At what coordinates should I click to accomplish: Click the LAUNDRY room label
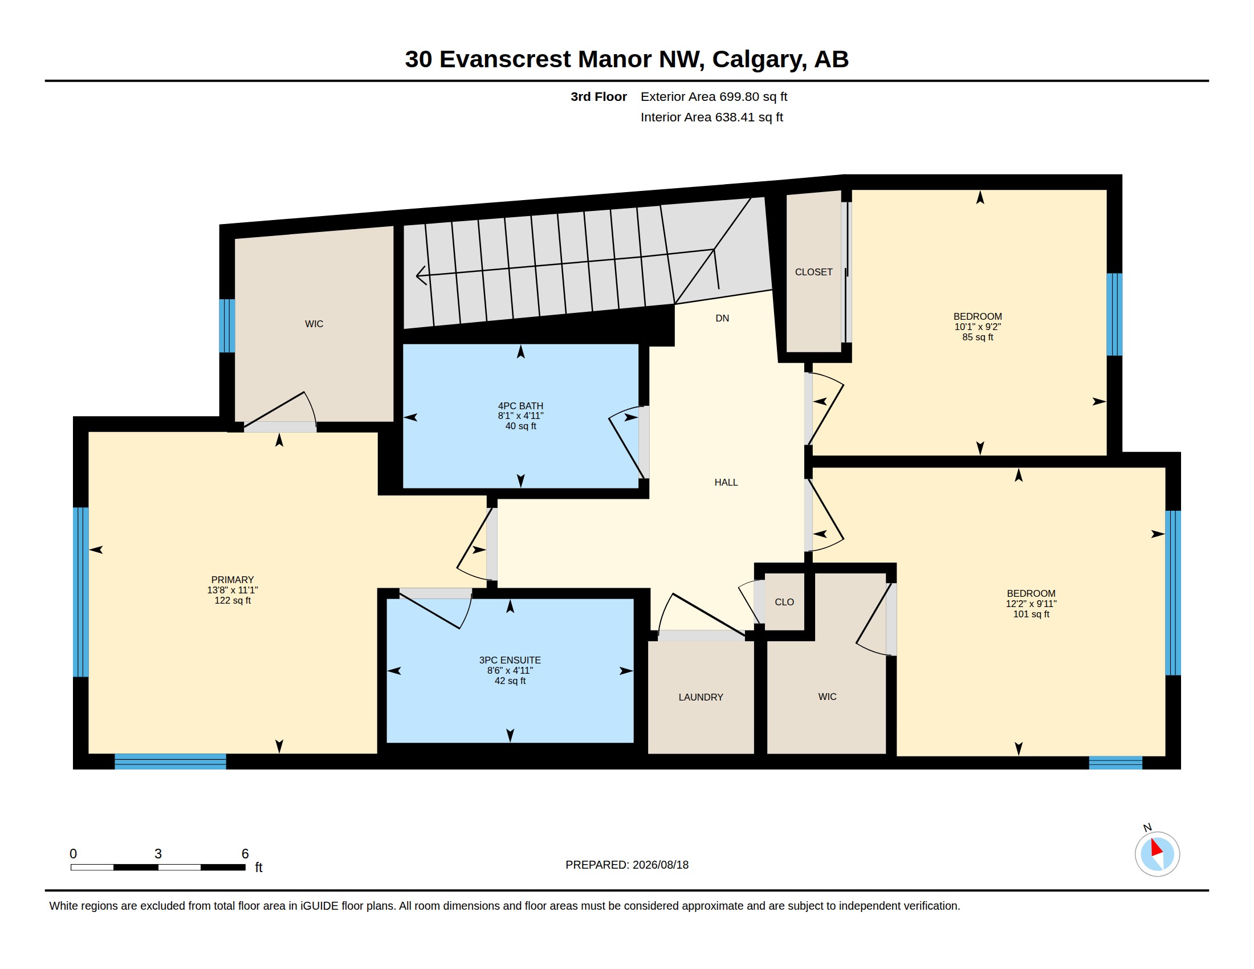701,697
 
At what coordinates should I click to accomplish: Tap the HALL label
726,482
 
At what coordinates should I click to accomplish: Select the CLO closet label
784,601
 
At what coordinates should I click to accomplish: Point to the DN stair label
722,318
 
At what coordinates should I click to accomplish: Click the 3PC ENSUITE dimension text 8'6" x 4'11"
510,670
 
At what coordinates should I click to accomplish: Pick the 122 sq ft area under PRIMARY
233,600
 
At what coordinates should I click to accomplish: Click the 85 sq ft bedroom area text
978,337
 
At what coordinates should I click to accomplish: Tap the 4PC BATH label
520,406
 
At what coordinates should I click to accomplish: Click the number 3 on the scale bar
158,854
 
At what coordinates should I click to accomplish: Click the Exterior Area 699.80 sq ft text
714,96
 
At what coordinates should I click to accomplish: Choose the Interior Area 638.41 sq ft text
711,117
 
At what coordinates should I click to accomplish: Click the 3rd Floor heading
598,96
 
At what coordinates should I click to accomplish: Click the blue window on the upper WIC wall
227,325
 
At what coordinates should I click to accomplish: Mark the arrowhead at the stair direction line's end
420,275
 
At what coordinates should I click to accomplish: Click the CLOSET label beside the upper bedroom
813,272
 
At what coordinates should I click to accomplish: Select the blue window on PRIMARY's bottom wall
170,761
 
